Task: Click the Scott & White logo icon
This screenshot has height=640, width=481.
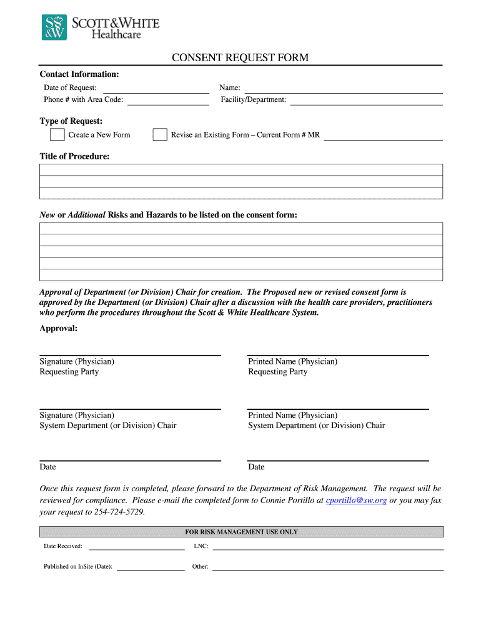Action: tap(54, 28)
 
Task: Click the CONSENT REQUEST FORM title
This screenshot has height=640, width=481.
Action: tap(241, 58)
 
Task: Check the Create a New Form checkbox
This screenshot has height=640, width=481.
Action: tap(57, 135)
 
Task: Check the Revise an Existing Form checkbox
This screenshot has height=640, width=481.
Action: tap(160, 135)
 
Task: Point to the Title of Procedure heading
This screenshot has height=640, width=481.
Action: tap(74, 156)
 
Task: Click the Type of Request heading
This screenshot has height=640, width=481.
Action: tap(71, 121)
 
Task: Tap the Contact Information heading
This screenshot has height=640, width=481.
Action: tap(79, 74)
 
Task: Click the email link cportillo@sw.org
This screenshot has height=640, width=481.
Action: tap(356, 501)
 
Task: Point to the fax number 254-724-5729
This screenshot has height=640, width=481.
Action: tap(119, 512)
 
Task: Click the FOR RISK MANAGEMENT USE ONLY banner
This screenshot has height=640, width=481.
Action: tap(241, 532)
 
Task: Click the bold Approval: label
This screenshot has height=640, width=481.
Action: tap(58, 328)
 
